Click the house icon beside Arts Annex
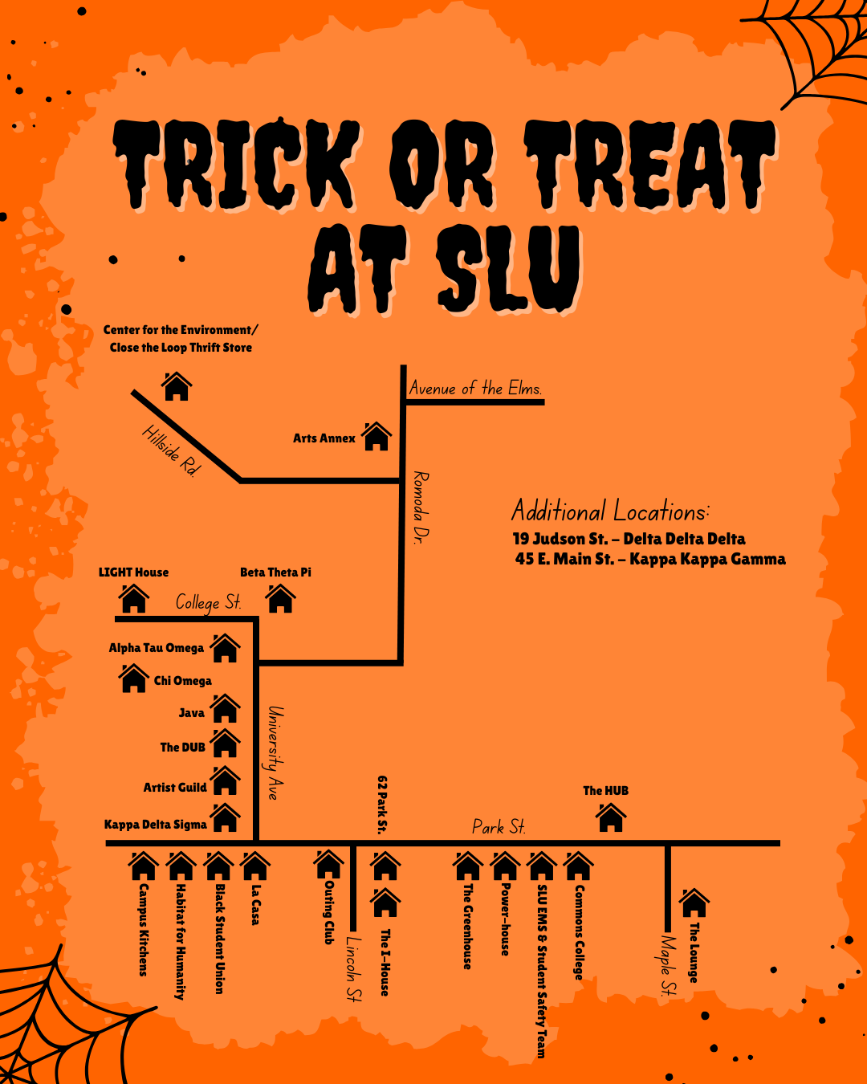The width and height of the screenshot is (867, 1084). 376,437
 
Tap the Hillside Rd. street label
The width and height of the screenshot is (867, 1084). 170,450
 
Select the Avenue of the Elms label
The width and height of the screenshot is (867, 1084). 475,389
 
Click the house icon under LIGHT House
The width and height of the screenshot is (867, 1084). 134,599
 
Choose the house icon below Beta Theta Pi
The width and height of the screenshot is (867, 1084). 280,599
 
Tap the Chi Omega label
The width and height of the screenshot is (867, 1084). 182,681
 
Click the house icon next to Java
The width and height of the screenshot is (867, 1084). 225,709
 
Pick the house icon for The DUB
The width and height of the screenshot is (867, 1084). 225,744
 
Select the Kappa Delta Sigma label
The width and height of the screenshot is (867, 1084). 155,825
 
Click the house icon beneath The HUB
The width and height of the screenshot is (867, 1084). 611,818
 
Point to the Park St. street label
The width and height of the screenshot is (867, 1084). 499,827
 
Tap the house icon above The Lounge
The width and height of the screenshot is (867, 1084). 694,903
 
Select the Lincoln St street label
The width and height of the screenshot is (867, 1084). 353,968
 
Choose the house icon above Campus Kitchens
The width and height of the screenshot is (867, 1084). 143,866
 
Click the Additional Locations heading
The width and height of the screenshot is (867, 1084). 610,511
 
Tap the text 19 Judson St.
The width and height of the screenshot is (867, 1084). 560,539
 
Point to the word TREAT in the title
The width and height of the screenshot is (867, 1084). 650,165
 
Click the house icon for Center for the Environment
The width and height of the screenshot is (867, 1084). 177,386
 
